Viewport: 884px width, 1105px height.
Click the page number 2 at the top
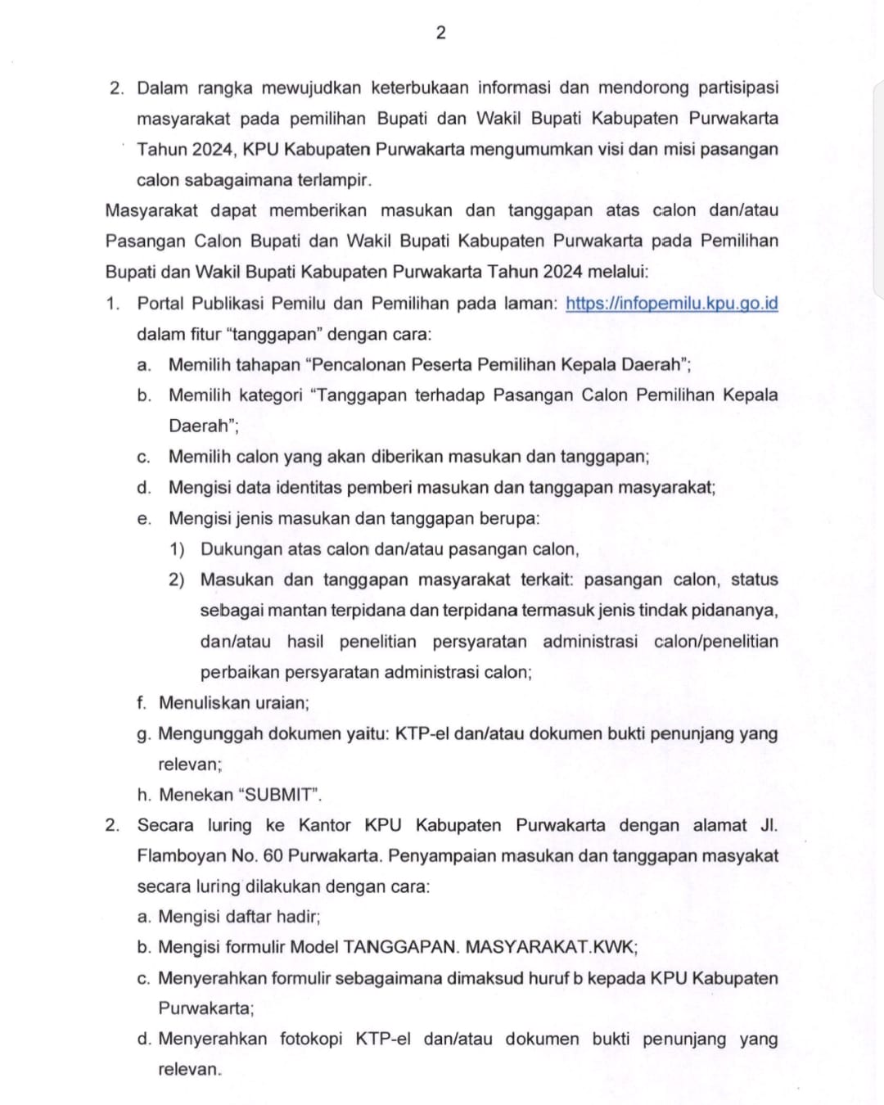tap(441, 33)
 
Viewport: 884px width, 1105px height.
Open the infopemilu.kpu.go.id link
tap(671, 303)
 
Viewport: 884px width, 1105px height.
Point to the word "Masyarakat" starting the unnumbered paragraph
tap(151, 210)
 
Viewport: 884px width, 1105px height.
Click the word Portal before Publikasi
tap(161, 303)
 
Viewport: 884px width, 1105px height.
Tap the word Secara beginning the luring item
tap(165, 825)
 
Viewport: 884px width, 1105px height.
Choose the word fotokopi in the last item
tap(311, 1040)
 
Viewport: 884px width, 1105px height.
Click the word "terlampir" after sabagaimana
tap(334, 180)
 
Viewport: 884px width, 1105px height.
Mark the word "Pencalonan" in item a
tap(357, 365)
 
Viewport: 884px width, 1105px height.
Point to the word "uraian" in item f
tap(282, 703)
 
